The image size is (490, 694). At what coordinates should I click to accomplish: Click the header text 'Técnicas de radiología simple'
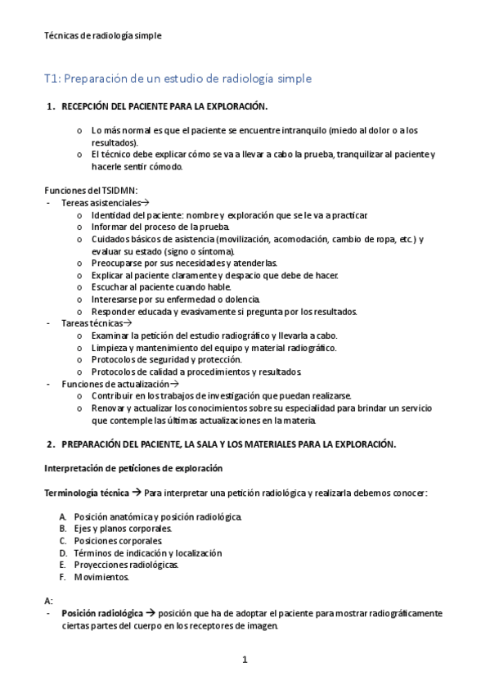[102, 35]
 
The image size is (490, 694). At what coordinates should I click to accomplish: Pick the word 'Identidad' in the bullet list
[110, 214]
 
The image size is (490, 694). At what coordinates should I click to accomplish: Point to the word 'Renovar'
[108, 408]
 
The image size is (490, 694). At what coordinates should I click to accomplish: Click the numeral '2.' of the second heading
[51, 444]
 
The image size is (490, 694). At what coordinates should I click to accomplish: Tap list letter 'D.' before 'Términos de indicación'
[63, 553]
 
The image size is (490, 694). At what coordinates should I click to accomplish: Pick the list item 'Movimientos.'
[101, 577]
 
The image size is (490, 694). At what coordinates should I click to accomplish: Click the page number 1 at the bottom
[245, 660]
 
